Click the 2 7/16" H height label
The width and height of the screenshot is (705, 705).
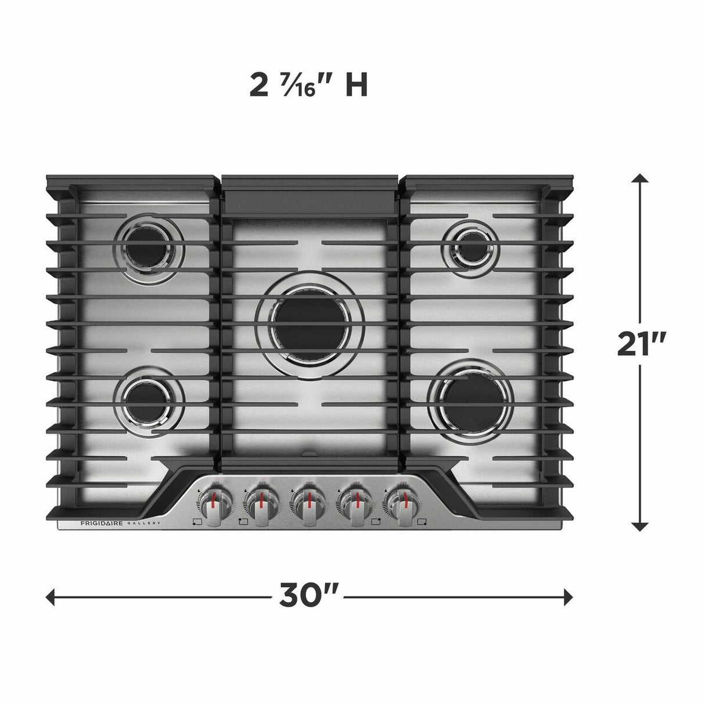pos(308,86)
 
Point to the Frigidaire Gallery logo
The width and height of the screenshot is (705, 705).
pos(120,523)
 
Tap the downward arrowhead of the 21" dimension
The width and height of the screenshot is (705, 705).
pos(640,526)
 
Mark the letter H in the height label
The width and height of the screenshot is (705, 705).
pos(357,86)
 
